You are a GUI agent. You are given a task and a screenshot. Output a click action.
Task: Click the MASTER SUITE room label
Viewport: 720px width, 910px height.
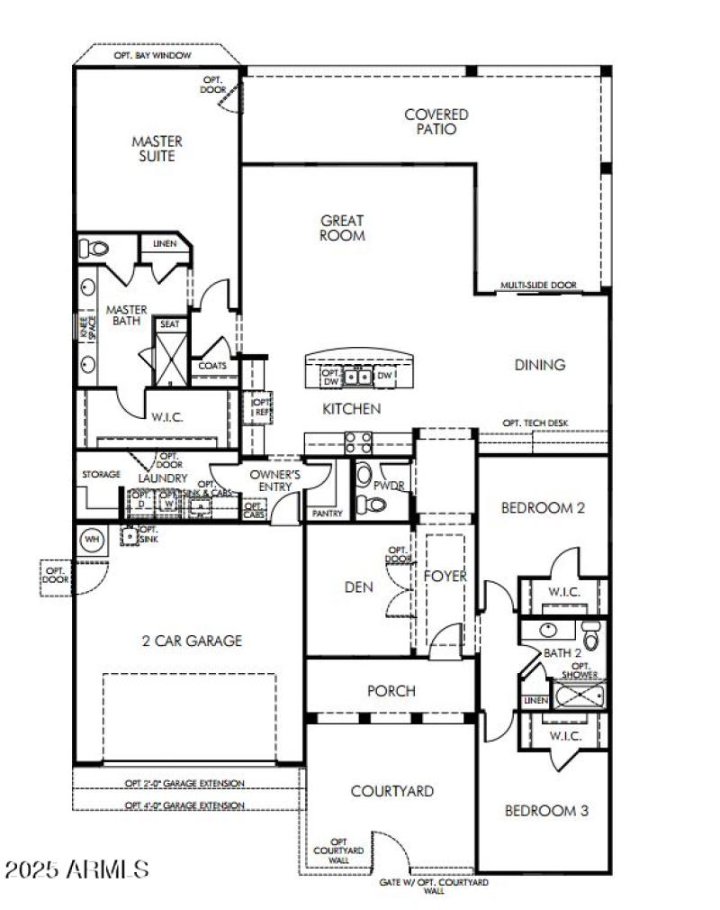(x=157, y=149)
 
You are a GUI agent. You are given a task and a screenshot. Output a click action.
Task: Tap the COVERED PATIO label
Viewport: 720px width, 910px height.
(x=436, y=122)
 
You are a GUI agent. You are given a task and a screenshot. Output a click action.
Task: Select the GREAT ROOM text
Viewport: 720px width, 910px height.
(x=342, y=228)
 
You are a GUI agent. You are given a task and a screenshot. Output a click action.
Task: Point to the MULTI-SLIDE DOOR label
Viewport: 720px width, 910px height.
(x=538, y=286)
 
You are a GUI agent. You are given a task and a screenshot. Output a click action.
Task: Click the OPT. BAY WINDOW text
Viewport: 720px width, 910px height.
(x=152, y=55)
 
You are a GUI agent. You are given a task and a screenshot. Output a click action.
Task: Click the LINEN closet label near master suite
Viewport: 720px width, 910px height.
(x=164, y=244)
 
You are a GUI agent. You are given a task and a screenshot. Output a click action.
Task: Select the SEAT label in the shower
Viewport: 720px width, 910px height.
(x=168, y=323)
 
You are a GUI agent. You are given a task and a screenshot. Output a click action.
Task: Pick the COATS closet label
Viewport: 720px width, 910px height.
(x=212, y=366)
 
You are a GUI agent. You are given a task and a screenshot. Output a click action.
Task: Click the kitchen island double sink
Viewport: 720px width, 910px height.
(x=358, y=376)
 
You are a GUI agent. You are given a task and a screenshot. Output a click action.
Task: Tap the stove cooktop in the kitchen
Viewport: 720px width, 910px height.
(x=357, y=441)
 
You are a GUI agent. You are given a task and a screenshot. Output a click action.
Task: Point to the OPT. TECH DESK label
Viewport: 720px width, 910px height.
(x=535, y=423)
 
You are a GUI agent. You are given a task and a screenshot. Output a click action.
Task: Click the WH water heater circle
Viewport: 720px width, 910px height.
(x=92, y=539)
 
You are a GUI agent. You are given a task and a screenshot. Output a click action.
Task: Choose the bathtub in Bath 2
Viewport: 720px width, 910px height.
(x=579, y=696)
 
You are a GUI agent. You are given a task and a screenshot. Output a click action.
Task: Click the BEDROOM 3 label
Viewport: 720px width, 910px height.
(x=546, y=811)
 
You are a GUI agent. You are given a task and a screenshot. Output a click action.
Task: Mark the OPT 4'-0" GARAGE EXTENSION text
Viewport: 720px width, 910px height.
(x=184, y=805)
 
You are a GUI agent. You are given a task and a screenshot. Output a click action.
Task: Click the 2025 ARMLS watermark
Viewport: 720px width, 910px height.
(x=77, y=869)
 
